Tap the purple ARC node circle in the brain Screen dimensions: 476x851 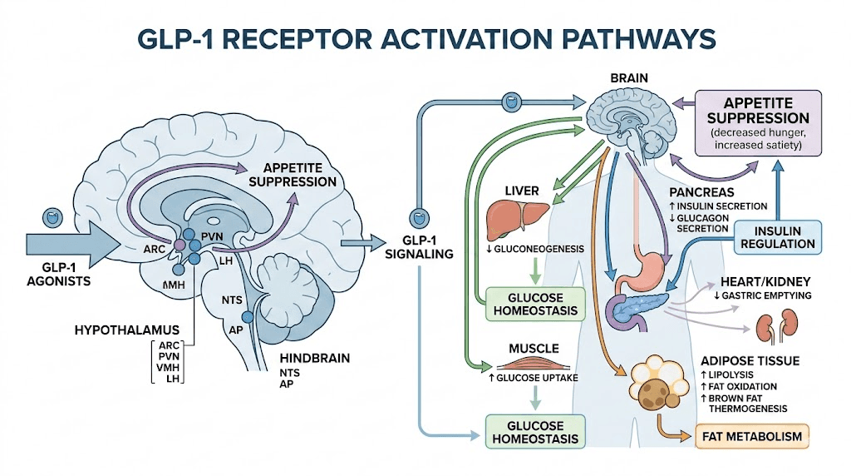tap(177, 245)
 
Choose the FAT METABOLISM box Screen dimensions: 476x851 tap(753, 436)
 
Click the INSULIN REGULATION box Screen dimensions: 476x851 tap(779, 237)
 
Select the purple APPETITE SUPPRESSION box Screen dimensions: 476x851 tap(758, 124)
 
